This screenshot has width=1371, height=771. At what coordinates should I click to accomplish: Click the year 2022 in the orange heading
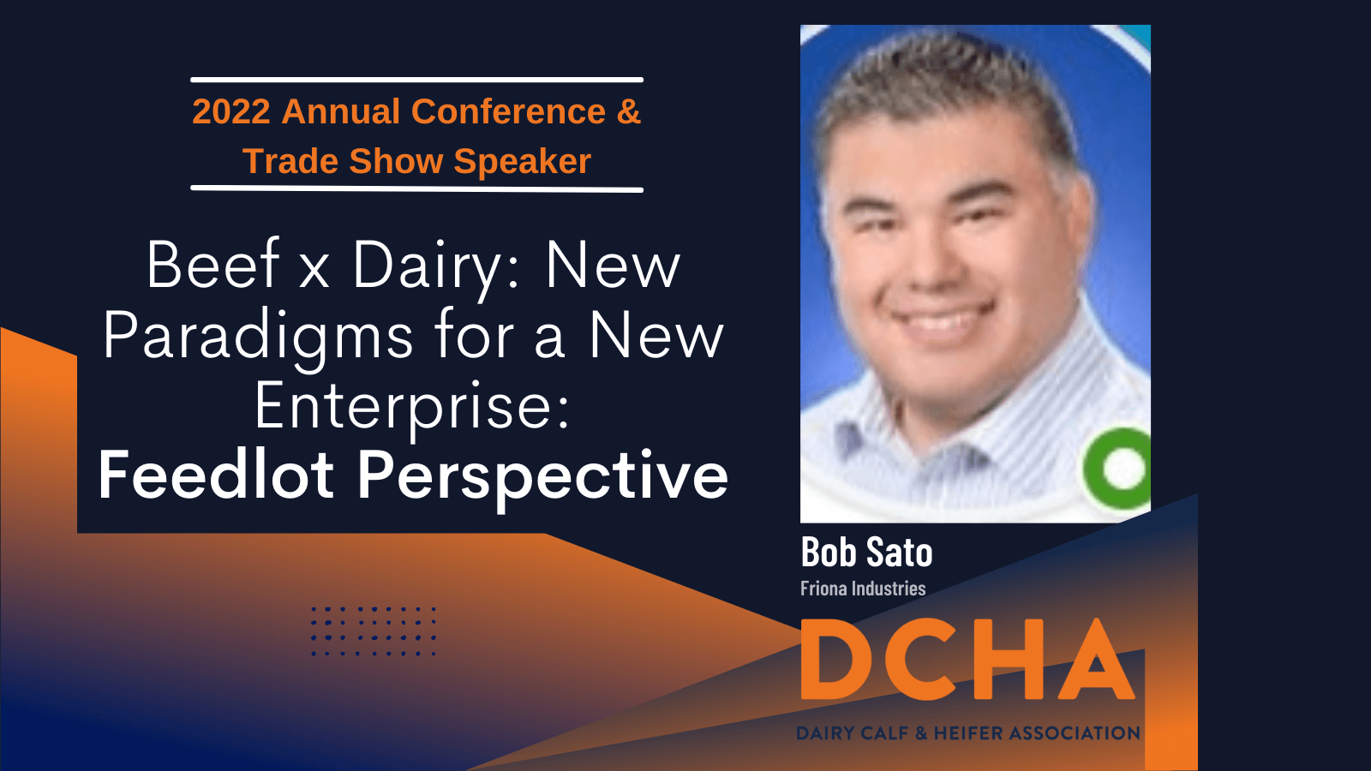[231, 111]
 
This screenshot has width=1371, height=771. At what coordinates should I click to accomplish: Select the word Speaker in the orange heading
[522, 162]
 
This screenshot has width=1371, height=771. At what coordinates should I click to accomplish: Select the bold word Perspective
[542, 481]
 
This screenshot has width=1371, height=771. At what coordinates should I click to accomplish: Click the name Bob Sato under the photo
[866, 552]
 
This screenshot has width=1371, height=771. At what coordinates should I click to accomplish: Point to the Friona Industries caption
[863, 589]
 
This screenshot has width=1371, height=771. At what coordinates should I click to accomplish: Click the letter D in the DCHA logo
[838, 659]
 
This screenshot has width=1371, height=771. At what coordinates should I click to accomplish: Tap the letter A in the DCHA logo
[1096, 659]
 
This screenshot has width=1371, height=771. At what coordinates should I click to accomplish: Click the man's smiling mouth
[943, 318]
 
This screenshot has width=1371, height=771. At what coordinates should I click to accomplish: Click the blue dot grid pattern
[374, 631]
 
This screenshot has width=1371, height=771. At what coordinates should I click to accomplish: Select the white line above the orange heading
[416, 80]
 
